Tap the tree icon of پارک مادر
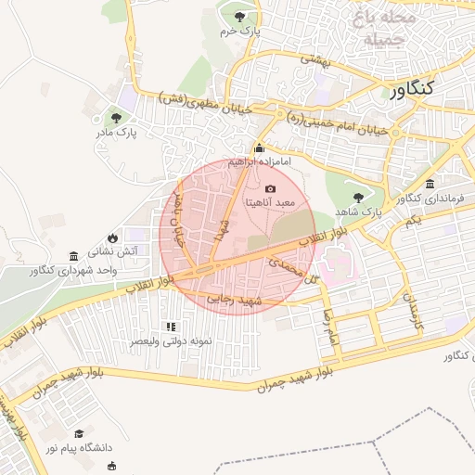[117, 118]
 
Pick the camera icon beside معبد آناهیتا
[270, 188]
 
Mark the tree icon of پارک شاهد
[359, 196]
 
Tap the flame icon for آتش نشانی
[112, 237]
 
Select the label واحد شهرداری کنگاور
[75, 270]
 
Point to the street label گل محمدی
[287, 269]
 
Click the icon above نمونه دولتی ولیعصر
[170, 327]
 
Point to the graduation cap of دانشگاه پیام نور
[80, 433]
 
